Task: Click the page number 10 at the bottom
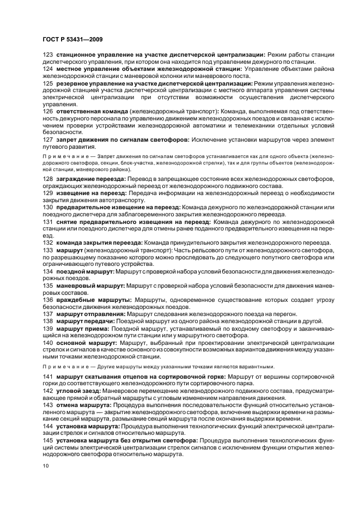(x=45, y=466)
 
